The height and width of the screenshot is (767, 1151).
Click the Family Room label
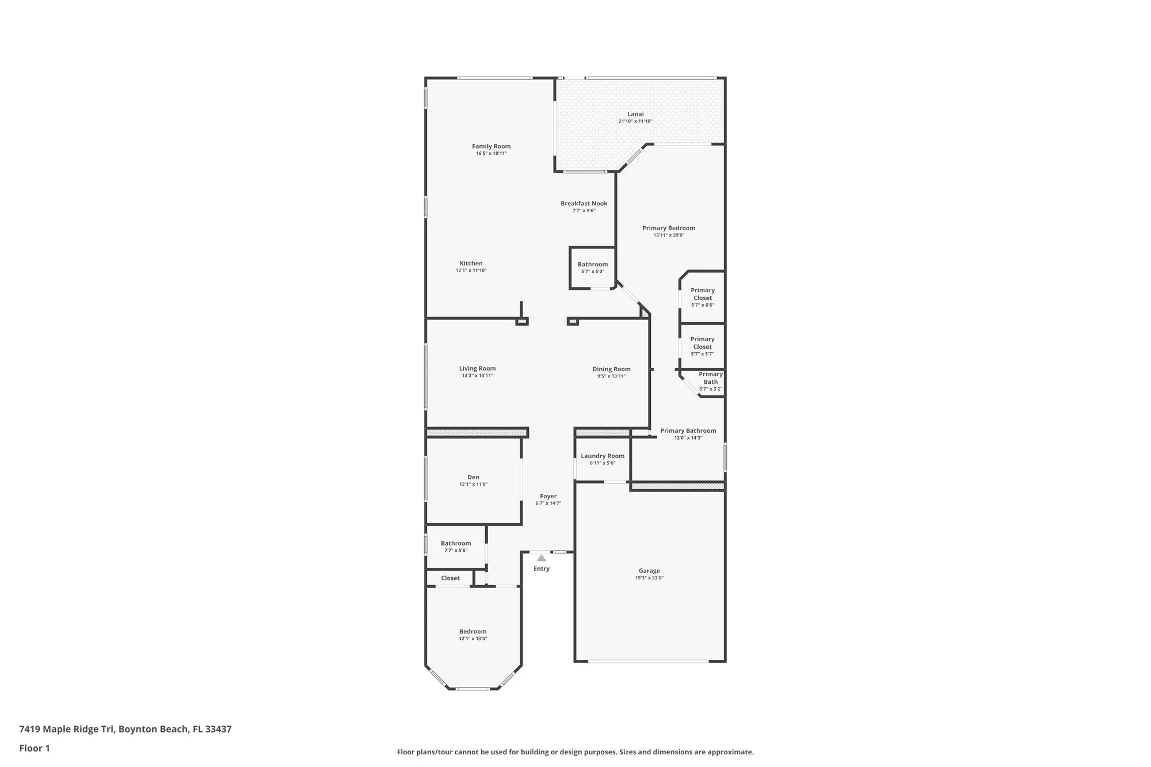491,146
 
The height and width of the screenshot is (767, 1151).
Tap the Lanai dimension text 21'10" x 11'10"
635,121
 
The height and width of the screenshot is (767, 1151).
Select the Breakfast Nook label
584,203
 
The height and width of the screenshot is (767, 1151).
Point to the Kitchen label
471,264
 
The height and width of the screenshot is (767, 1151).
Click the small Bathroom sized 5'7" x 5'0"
592,268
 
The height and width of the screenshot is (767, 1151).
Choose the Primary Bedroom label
668,228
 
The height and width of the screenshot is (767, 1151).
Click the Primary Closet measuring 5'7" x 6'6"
702,297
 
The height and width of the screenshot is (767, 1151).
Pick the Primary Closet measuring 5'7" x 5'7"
702,346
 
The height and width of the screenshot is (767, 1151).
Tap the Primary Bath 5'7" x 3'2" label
710,381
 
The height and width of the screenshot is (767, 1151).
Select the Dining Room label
611,369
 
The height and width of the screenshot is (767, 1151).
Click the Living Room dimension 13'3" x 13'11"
477,376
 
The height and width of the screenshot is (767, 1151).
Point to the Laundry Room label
602,456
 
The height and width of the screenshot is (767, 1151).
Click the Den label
473,477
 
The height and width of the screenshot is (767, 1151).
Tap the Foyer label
548,496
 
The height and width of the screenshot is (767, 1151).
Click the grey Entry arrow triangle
541,558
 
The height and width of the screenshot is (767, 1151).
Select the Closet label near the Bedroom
450,578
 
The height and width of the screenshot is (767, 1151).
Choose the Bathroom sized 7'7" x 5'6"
455,546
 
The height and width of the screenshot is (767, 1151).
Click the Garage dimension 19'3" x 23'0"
649,578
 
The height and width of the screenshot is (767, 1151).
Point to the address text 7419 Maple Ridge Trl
125,729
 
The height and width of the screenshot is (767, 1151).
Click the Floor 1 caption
35,748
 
